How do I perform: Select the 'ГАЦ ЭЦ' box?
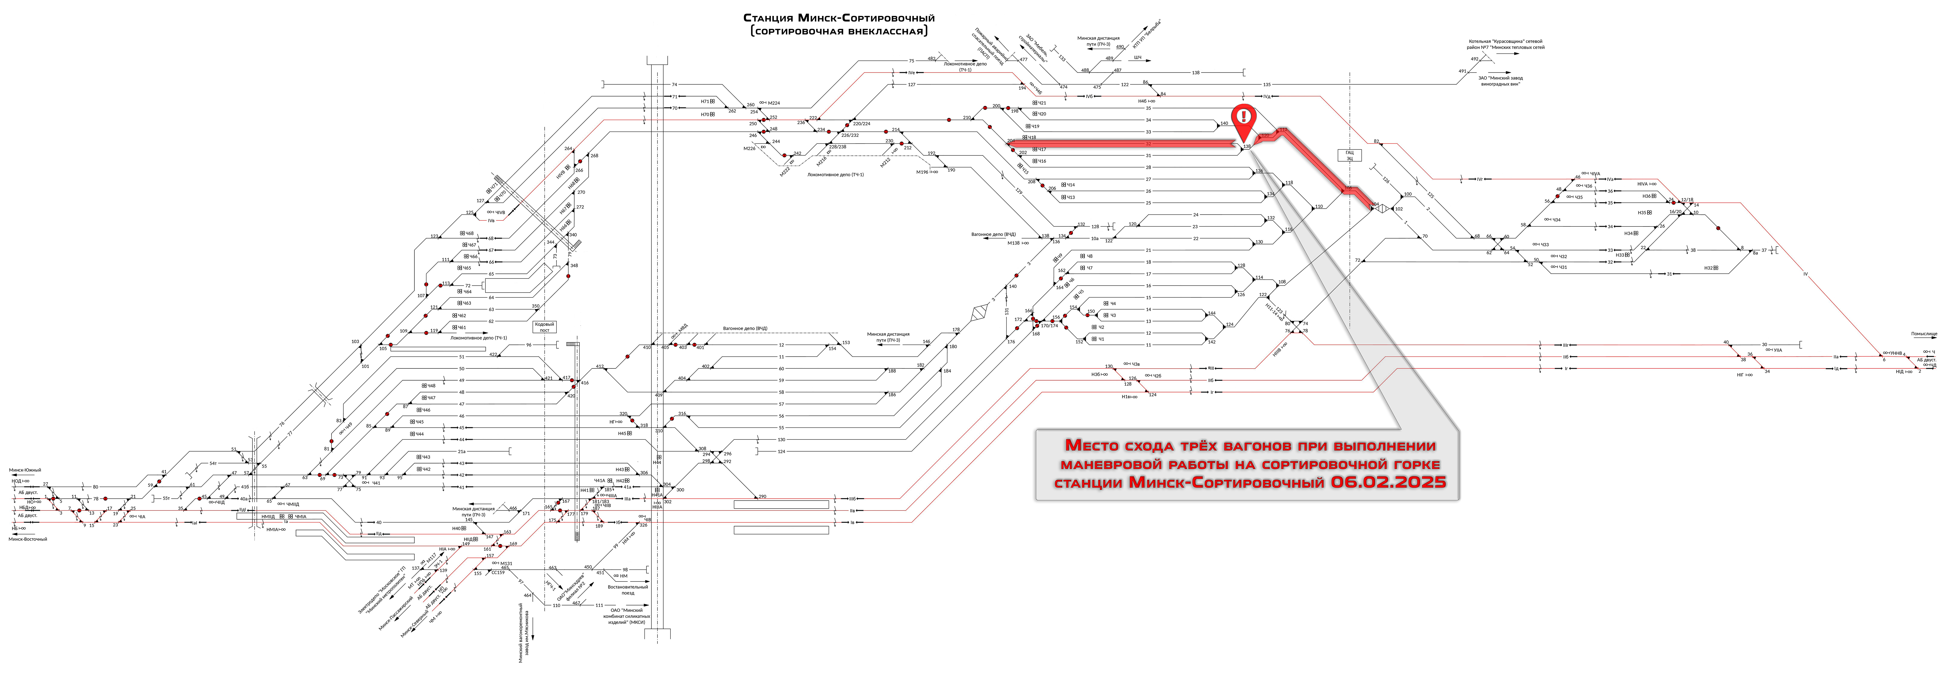[x=1349, y=155]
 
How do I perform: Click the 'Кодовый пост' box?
[x=543, y=327]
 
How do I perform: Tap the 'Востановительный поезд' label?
[x=628, y=589]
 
